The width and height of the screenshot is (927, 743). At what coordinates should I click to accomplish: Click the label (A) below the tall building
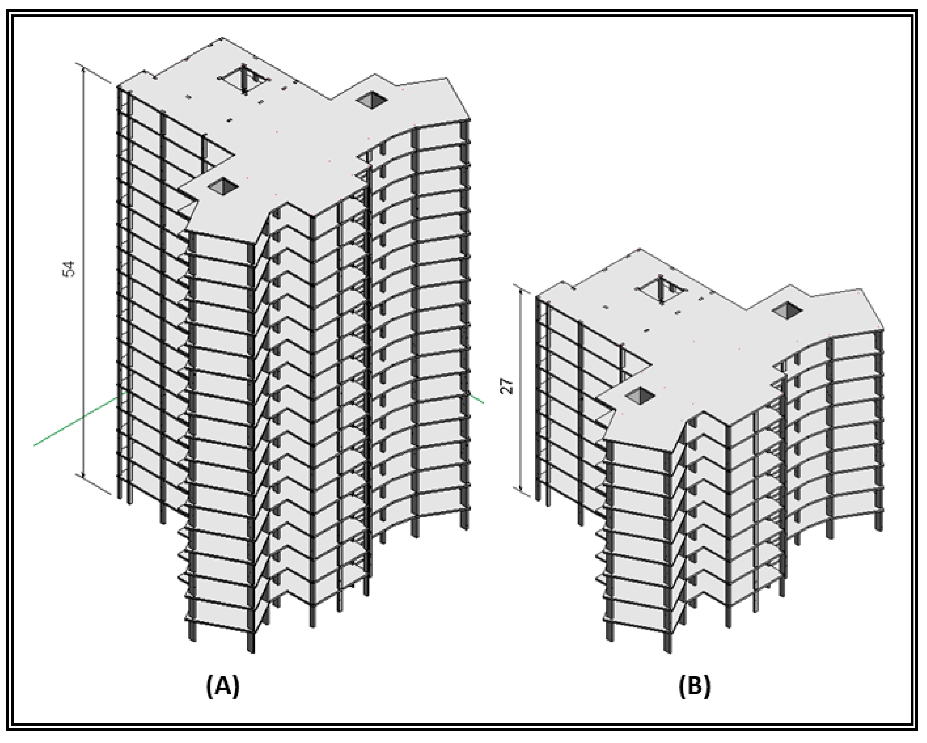(223, 687)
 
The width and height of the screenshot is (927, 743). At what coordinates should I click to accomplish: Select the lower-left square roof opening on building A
(223, 186)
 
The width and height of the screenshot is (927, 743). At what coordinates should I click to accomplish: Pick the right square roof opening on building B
(787, 310)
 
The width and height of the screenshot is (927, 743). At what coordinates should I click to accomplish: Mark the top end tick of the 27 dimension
(521, 289)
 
